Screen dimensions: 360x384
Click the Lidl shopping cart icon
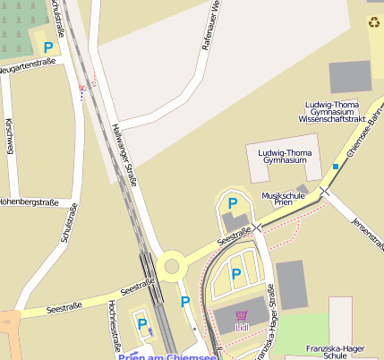pos(242,315)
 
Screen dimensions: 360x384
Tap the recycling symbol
pos(373,22)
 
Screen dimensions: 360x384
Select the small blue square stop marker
pos(336,167)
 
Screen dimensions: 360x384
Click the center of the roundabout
pos(171,264)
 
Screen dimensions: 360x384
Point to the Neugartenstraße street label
pos(27,65)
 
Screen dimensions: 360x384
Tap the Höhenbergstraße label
pos(33,200)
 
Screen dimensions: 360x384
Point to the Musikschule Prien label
pos(284,199)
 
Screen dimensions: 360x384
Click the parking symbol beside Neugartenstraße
pos(48,47)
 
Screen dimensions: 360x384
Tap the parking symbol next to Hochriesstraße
pos(142,323)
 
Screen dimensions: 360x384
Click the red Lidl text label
pos(242,328)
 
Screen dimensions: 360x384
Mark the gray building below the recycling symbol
pos(349,77)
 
